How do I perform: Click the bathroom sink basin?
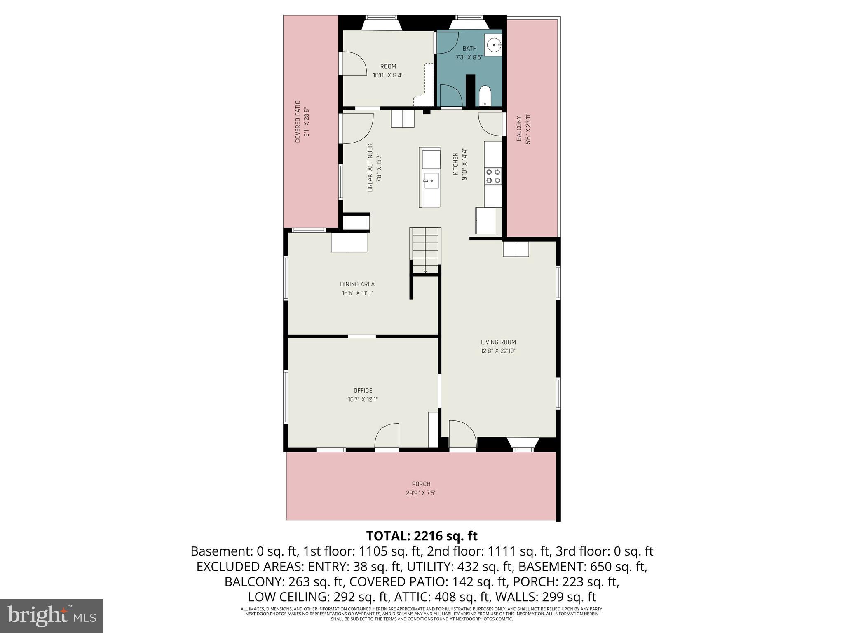(493, 44)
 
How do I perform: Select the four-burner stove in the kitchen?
(493, 176)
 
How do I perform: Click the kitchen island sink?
(431, 181)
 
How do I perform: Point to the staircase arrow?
(425, 270)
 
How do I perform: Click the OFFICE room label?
(363, 391)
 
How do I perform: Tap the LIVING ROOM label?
(498, 342)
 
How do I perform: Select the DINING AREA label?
(357, 284)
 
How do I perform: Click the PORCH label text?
(421, 484)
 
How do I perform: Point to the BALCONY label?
(519, 129)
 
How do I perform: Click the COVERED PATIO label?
(298, 122)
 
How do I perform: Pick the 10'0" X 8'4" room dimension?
(388, 75)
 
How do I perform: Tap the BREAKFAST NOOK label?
(370, 167)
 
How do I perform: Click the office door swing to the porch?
(387, 436)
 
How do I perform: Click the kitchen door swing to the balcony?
(490, 124)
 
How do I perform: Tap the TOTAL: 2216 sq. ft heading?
(422, 536)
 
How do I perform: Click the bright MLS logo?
(52, 616)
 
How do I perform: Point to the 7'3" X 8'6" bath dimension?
(469, 58)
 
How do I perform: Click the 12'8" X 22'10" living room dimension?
(498, 351)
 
